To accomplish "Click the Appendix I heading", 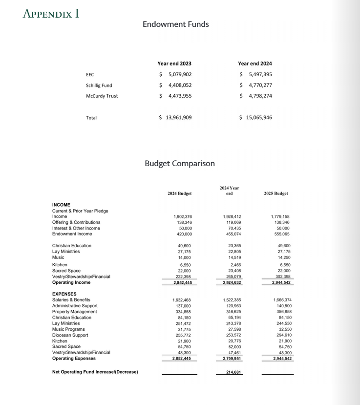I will (x=51, y=13).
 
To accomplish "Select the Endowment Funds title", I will (x=175, y=24).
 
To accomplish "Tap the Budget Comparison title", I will (x=179, y=163).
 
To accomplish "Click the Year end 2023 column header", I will (x=174, y=64).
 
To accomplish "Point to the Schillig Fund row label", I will (x=99, y=85).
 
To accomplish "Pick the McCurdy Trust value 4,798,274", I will (x=260, y=96).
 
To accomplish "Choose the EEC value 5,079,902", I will (x=180, y=74).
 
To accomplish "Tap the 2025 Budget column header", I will (x=275, y=193).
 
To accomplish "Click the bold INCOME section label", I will (x=61, y=205).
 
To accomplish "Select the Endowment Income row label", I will (x=72, y=234).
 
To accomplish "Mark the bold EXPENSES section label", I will (x=64, y=294).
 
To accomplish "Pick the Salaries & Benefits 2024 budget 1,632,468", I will (x=181, y=300).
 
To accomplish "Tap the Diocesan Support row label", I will (x=70, y=335).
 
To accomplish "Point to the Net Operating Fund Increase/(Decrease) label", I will (x=95, y=372).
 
